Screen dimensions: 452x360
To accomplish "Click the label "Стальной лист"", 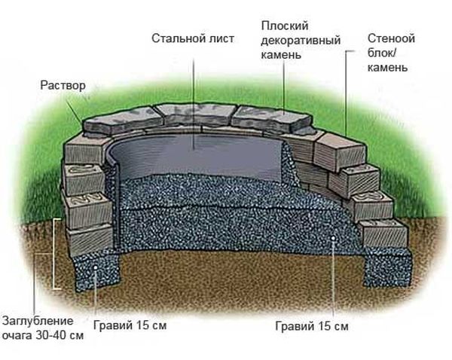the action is pyautogui.click(x=193, y=38).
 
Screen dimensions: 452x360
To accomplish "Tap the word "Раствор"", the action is pyautogui.click(x=63, y=86).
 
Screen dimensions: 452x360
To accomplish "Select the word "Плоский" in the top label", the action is pyautogui.click(x=285, y=26).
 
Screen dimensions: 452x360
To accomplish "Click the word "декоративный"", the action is pyautogui.click(x=301, y=40).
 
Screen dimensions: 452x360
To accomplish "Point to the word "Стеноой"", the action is pyautogui.click(x=391, y=38).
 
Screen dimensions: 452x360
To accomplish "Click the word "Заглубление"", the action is pyautogui.click(x=38, y=321).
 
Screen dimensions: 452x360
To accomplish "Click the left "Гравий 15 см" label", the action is pyautogui.click(x=130, y=325).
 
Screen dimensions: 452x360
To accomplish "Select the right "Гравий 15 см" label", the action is pyautogui.click(x=312, y=326).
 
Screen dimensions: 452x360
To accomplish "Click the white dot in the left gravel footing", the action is pyautogui.click(x=95, y=267).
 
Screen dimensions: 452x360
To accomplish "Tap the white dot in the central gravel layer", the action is pyautogui.click(x=333, y=238).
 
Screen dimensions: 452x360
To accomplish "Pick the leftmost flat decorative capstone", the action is pyautogui.click(x=122, y=123).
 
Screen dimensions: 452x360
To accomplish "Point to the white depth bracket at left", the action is pyautogui.click(x=55, y=254).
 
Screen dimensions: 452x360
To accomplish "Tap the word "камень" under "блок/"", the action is pyautogui.click(x=387, y=68).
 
